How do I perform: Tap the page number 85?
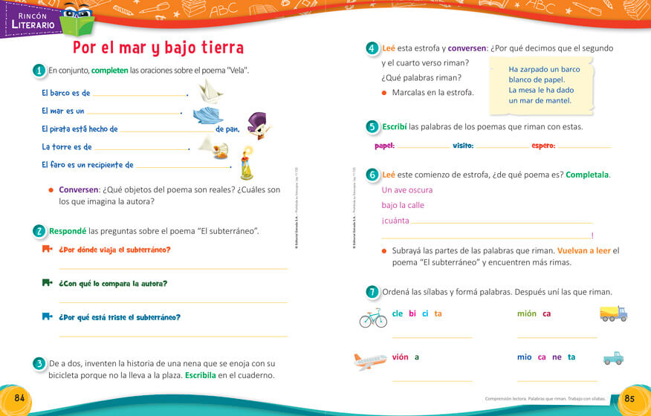(x=629, y=397)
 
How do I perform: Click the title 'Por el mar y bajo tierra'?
(x=158, y=48)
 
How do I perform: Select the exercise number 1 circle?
(x=39, y=71)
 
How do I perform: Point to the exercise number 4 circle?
(x=372, y=48)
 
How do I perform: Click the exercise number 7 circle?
(x=372, y=292)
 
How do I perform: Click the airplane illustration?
(x=370, y=361)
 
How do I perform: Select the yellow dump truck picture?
(x=613, y=313)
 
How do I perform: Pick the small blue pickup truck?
(x=613, y=358)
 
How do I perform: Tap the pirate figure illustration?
(x=257, y=126)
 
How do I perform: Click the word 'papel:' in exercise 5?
(x=384, y=146)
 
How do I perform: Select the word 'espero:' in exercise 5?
(x=543, y=146)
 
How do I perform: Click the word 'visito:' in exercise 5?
(x=463, y=146)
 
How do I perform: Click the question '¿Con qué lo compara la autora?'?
(x=113, y=284)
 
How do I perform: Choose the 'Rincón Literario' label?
(x=33, y=20)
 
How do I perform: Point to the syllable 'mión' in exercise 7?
(x=526, y=313)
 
